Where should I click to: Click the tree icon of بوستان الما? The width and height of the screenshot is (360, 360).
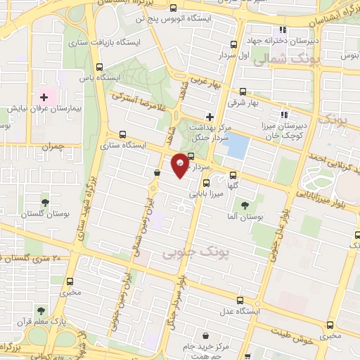pyautogui.click(x=244, y=205)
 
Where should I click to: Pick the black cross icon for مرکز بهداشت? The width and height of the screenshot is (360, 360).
pyautogui.click(x=210, y=116)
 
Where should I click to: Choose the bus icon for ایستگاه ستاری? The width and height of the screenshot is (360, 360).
pyautogui.click(x=123, y=134)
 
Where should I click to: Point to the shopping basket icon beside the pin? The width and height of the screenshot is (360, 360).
pyautogui.click(x=157, y=172)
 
